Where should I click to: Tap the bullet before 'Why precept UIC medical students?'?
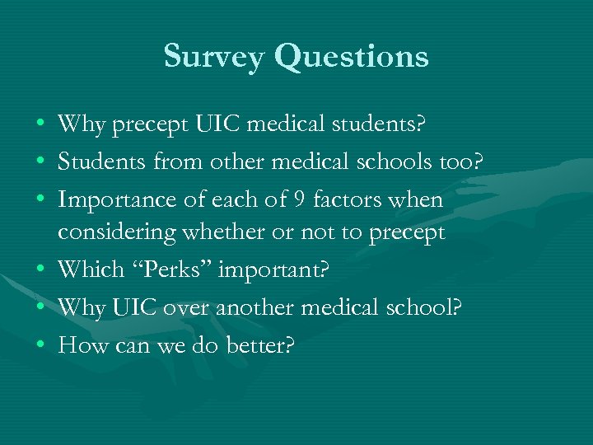pos(40,125)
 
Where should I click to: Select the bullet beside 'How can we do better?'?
pos(40,345)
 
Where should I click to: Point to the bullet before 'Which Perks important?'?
pos(40,269)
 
